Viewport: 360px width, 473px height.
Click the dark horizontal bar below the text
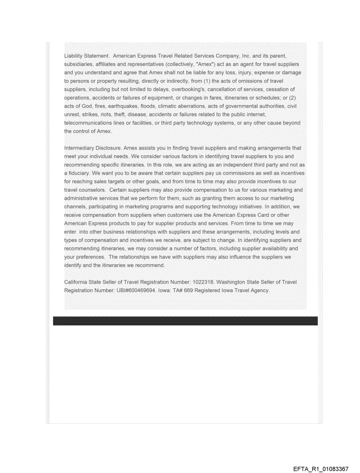click(185, 320)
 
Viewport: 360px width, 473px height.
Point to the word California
click(79, 282)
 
